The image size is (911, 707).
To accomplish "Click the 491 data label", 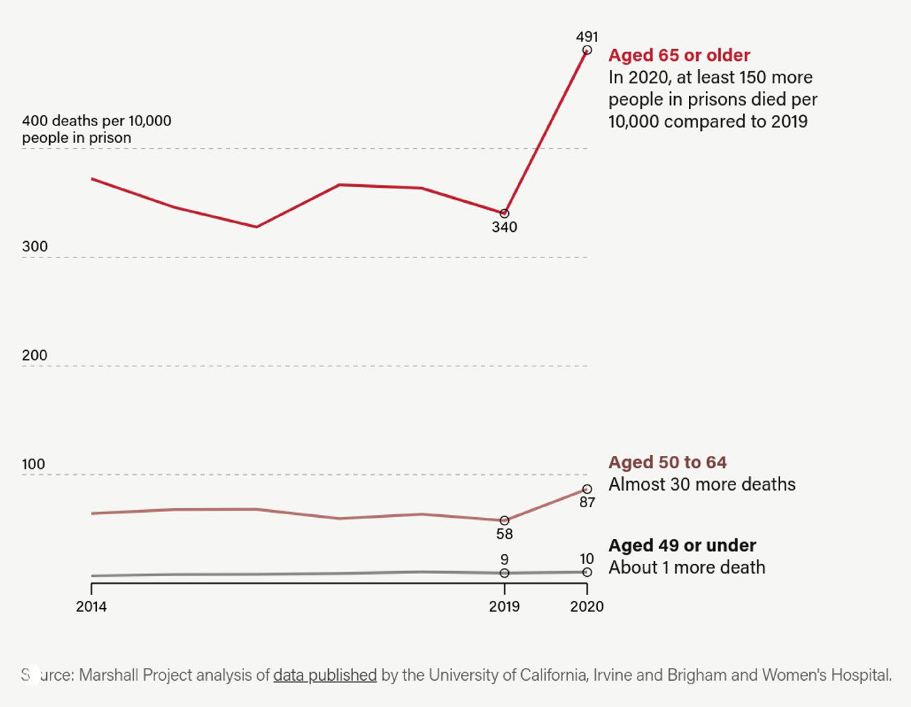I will [586, 36].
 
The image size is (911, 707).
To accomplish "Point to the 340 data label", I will [504, 227].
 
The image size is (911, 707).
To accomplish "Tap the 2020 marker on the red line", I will [587, 51].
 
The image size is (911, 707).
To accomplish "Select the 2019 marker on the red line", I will [505, 213].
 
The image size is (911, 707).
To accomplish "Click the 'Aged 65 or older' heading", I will [679, 55].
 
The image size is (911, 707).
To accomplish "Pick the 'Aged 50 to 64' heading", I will [667, 462].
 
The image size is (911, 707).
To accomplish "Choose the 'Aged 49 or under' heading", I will [682, 546].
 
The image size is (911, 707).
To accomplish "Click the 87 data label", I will [587, 502].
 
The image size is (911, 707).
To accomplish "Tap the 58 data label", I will [504, 533].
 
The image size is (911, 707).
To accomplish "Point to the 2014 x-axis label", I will [91, 607].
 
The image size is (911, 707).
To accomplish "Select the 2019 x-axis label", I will [504, 607].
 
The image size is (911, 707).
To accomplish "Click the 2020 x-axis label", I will [586, 607].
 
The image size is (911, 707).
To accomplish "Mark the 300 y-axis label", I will [35, 247].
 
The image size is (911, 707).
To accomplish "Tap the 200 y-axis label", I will [35, 356].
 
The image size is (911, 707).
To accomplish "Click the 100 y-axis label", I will [33, 464].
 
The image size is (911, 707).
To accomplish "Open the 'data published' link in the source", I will [325, 675].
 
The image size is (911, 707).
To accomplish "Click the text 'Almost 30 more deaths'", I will [702, 484].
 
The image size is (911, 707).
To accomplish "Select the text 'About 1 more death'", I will [687, 568].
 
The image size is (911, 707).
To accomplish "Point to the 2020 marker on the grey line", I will [587, 572].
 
